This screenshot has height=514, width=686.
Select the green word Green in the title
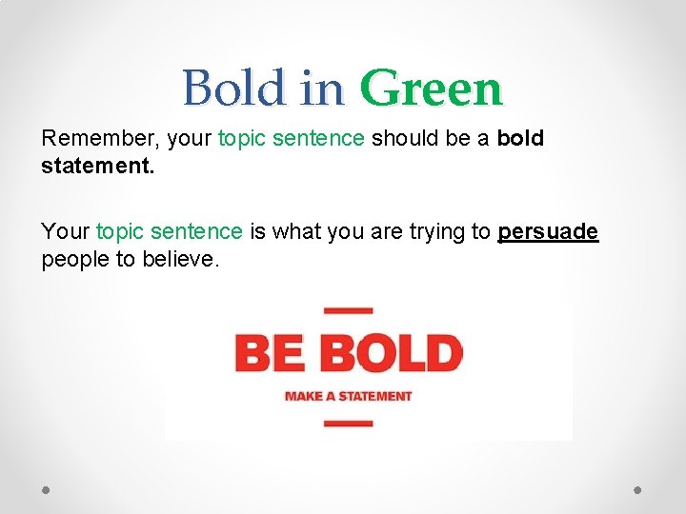pyautogui.click(x=431, y=89)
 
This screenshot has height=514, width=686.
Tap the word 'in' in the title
pyautogui.click(x=322, y=89)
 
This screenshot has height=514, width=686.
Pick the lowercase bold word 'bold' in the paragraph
pyautogui.click(x=520, y=139)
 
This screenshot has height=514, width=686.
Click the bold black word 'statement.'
pyautogui.click(x=91, y=168)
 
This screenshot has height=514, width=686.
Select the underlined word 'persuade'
pyautogui.click(x=548, y=231)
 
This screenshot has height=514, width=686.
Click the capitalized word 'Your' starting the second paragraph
pyautogui.click(x=66, y=231)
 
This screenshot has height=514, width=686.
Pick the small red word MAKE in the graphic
pyautogui.click(x=303, y=396)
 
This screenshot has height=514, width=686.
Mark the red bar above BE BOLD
pyautogui.click(x=348, y=310)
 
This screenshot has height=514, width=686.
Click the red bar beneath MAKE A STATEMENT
pyautogui.click(x=348, y=423)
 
